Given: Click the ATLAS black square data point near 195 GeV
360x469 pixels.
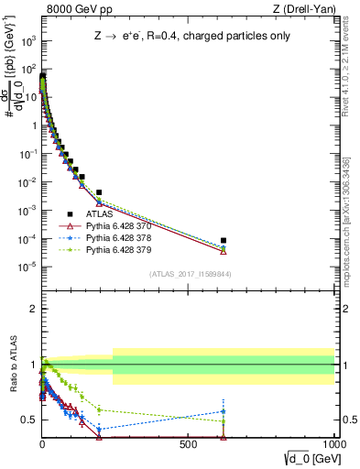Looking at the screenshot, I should tap(99, 192).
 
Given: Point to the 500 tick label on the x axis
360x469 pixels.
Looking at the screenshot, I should tap(189, 443).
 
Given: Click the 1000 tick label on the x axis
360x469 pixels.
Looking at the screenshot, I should tap(332, 443).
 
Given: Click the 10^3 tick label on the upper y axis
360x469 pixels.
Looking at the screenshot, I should tap(27, 41).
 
